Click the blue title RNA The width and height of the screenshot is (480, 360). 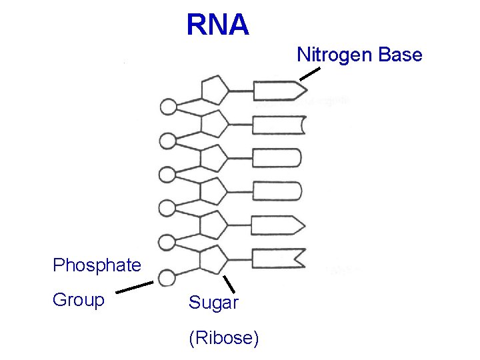(x=217, y=25)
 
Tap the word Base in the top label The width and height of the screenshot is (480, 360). (x=399, y=55)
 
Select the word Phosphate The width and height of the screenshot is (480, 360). (x=97, y=265)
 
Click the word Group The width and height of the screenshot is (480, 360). (x=79, y=301)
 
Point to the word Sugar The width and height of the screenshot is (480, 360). (x=213, y=303)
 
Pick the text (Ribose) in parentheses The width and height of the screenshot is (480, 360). (x=224, y=338)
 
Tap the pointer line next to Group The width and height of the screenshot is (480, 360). (x=135, y=287)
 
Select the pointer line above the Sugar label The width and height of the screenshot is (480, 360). (x=229, y=283)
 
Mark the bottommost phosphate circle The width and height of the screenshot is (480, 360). (x=167, y=277)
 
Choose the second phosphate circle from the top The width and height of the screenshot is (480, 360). (x=169, y=141)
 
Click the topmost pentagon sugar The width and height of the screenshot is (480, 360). (x=214, y=91)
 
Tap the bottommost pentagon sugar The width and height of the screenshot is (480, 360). (x=214, y=259)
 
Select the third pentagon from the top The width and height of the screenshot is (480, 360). (x=214, y=158)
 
